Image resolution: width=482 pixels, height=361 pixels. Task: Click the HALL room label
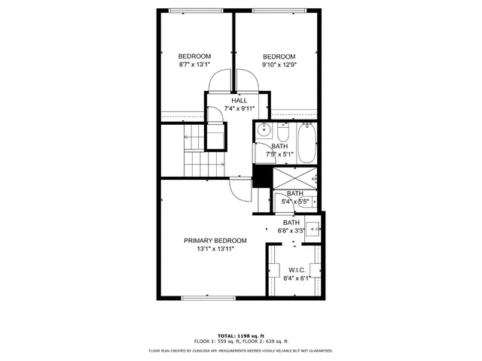[239, 100]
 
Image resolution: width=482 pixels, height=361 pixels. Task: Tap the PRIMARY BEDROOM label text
[215, 241]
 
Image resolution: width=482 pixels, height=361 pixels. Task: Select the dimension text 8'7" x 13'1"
[194, 65]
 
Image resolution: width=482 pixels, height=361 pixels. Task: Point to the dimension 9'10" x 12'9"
[279, 65]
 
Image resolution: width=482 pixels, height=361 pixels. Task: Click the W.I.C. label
[296, 269]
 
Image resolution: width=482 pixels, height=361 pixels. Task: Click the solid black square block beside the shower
[261, 176]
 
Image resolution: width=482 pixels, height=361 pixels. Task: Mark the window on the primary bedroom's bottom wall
[208, 298]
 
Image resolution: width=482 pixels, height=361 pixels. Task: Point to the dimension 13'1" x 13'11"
[215, 249]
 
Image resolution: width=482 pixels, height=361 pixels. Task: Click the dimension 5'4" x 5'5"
[294, 202]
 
